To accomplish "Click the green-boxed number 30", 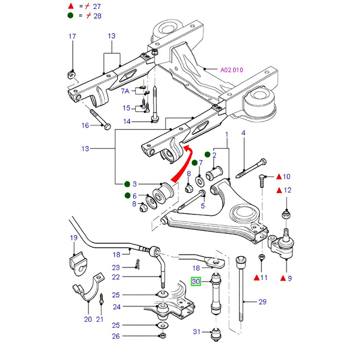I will point(195,282).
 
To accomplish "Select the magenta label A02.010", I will point(232,70).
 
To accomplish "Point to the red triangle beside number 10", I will point(279,176).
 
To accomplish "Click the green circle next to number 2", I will point(207,155).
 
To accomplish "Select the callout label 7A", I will point(125,91).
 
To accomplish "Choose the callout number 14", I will point(127,122).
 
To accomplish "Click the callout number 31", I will point(196,332).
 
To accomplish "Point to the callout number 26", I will point(116,337).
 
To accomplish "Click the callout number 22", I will point(116,277).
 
